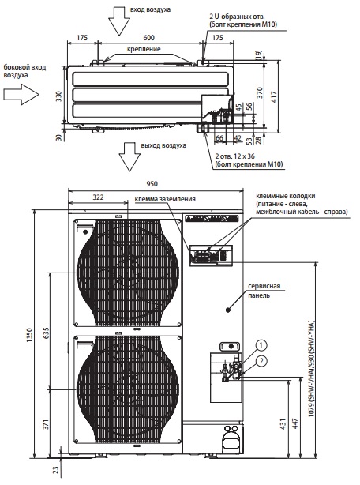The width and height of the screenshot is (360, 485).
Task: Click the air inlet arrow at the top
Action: pyautogui.click(x=119, y=21)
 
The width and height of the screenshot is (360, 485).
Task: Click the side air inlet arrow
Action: pyautogui.click(x=21, y=94)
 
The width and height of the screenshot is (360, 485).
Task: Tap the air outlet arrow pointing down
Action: pyautogui.click(x=129, y=157)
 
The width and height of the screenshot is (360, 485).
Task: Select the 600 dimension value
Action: pyautogui.click(x=148, y=38)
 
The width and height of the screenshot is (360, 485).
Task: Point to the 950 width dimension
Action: pyautogui.click(x=152, y=184)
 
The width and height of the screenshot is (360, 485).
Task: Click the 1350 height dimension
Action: pyautogui.click(x=30, y=335)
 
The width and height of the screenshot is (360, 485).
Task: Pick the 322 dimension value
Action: pyautogui.click(x=98, y=197)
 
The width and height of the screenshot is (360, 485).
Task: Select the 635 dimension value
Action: pyautogui.click(x=46, y=333)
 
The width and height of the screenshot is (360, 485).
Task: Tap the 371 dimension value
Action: pyautogui.click(x=46, y=424)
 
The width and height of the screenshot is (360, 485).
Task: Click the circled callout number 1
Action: pyautogui.click(x=261, y=345)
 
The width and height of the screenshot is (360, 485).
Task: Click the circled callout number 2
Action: pyautogui.click(x=261, y=361)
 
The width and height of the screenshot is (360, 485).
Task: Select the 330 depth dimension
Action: pyautogui.click(x=58, y=96)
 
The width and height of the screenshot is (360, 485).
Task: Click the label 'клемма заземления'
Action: pyautogui.click(x=165, y=200)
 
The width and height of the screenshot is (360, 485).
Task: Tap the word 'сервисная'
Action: pyautogui.click(x=264, y=287)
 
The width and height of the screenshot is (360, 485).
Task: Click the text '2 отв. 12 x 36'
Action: pyautogui.click(x=235, y=156)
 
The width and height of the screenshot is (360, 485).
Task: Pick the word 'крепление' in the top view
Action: pyautogui.click(x=144, y=49)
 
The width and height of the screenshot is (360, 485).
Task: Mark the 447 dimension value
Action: pyautogui.click(x=294, y=423)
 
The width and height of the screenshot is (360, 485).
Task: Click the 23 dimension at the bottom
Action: pyautogui.click(x=55, y=470)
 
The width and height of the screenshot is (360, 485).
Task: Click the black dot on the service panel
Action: pyautogui.click(x=228, y=310)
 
